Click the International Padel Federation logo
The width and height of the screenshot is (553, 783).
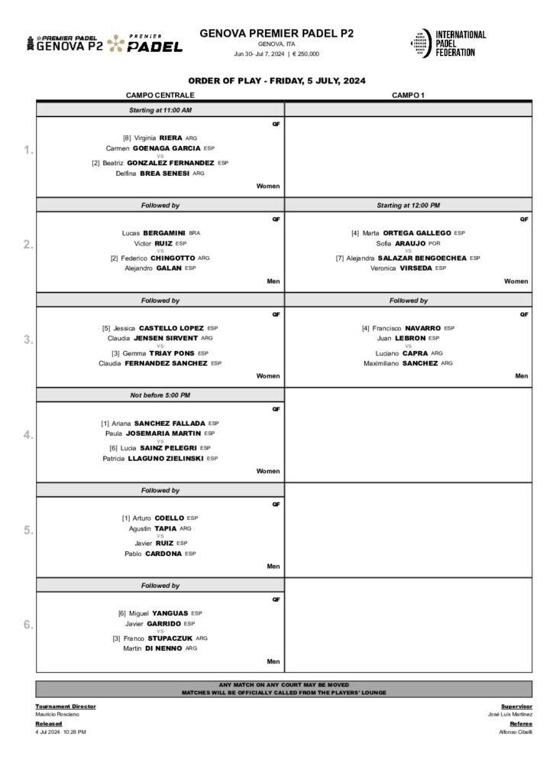pyautogui.click(x=448, y=43)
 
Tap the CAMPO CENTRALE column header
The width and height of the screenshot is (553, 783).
pyautogui.click(x=160, y=95)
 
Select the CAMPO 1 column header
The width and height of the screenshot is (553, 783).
pyautogui.click(x=408, y=95)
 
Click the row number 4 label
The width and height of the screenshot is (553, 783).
pyautogui.click(x=28, y=435)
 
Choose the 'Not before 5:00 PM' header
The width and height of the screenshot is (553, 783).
pyautogui.click(x=160, y=395)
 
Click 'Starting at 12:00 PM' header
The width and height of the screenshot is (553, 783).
pyautogui.click(x=408, y=206)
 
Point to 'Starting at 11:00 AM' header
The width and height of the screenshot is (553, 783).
pyautogui.click(x=160, y=110)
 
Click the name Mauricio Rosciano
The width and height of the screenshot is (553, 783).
pyautogui.click(x=57, y=714)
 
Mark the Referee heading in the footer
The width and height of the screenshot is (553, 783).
pyautogui.click(x=520, y=723)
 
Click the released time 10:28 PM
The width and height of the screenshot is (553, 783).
pyautogui.click(x=74, y=732)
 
